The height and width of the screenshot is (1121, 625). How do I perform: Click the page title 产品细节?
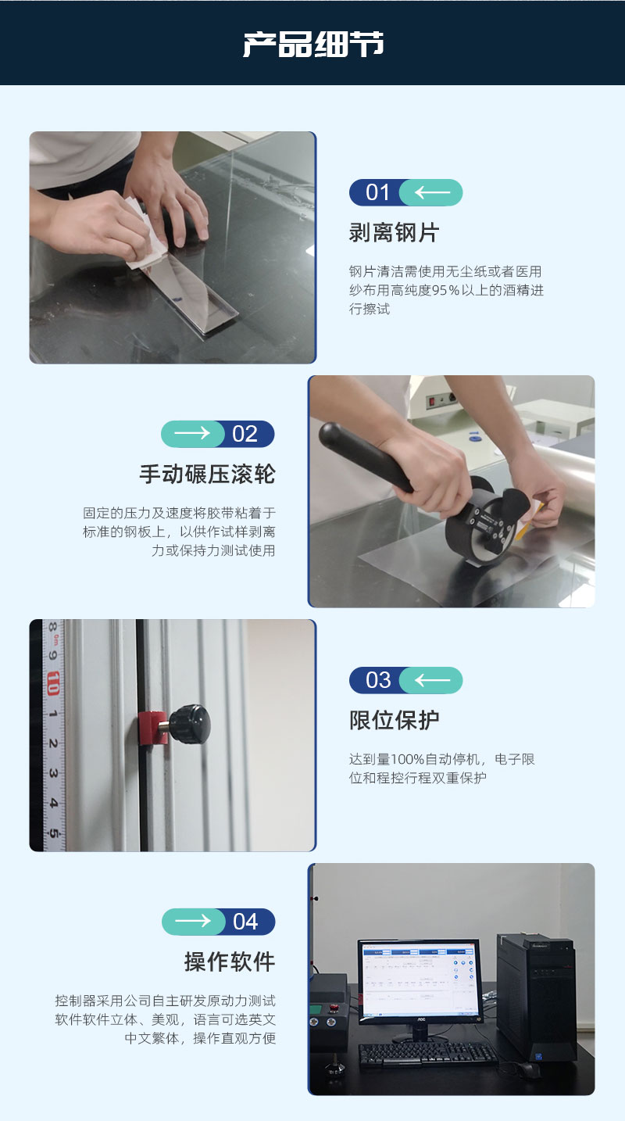point(312,45)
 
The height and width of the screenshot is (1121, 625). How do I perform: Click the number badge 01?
point(377,192)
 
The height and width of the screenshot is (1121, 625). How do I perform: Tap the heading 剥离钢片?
point(394,232)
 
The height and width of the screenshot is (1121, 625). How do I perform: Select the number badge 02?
point(245,434)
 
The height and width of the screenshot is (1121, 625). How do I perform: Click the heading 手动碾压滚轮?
point(207,474)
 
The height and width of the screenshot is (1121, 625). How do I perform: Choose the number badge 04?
point(245,922)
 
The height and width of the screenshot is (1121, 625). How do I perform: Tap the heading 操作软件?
point(230,962)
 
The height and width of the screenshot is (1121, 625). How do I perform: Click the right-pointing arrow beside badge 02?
point(192,434)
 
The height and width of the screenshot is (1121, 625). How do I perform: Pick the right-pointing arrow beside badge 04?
point(192,922)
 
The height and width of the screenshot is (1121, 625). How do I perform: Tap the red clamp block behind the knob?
point(148,728)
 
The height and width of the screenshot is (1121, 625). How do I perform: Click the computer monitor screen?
point(419,980)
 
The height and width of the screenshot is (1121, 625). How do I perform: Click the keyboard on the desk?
point(427,1054)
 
